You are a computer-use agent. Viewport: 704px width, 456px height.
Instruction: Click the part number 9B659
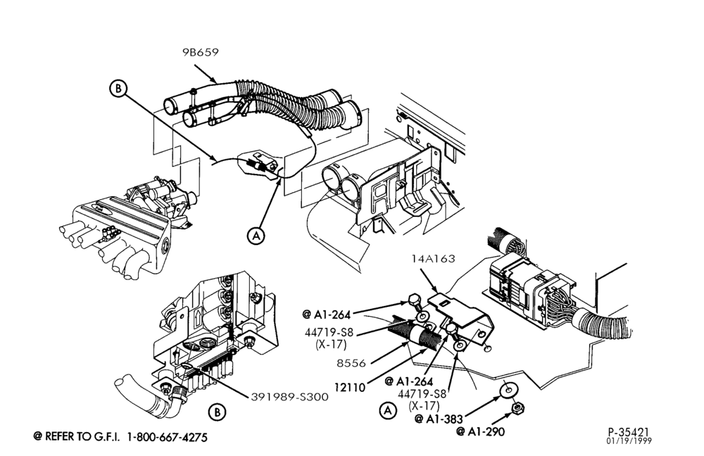[200, 53]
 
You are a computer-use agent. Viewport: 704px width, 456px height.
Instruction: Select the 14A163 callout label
[433, 259]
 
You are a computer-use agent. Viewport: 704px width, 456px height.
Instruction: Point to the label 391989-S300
[289, 397]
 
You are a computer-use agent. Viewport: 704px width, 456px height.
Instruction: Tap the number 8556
[351, 363]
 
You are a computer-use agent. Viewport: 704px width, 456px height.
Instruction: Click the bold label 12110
[350, 387]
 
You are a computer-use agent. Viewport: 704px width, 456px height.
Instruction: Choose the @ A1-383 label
[438, 419]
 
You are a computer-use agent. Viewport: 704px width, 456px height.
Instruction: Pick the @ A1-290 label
[480, 432]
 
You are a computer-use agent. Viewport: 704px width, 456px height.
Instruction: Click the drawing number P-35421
[629, 432]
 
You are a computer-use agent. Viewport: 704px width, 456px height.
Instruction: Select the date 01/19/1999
[629, 441]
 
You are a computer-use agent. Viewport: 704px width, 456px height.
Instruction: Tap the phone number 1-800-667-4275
[168, 437]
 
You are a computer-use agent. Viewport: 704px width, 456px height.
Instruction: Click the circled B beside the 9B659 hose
[118, 89]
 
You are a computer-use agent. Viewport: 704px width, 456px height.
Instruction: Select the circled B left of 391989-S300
[218, 412]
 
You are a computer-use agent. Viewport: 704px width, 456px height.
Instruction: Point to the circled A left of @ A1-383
[389, 410]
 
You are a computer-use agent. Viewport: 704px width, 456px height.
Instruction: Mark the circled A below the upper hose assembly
[256, 235]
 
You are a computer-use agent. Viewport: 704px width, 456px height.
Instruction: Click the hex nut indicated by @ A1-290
[517, 408]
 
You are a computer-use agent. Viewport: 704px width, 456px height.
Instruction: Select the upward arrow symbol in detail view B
[196, 319]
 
